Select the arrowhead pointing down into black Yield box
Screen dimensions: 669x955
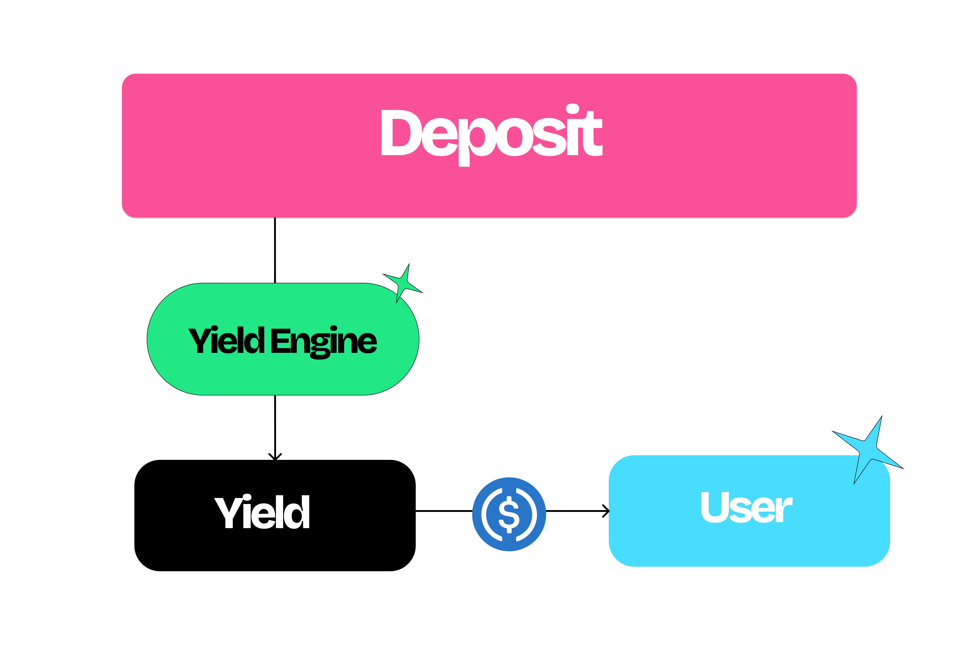coord(275,457)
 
